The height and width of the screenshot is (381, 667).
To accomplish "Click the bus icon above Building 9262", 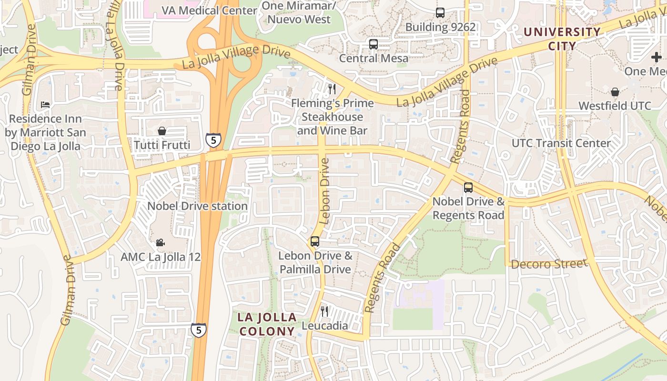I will point(440,13).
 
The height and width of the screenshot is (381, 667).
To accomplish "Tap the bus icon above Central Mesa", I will point(374,44).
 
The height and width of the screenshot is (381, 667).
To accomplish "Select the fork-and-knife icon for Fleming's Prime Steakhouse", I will point(332,89).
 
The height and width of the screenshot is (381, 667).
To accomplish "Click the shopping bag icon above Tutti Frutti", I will point(162,131).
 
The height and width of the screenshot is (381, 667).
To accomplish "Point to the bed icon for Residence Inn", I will point(45,104).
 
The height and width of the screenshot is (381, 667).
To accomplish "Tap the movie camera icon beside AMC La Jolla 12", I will point(161,243).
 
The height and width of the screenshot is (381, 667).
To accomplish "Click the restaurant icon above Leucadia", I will point(324,311).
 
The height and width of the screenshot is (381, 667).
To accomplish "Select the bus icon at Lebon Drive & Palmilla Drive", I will point(314,241).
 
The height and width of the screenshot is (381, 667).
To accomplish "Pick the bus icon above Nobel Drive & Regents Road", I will point(468,188).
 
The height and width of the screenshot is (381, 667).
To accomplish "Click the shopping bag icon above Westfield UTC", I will point(615,92).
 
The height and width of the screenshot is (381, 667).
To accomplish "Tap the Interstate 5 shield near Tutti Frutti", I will point(213,140).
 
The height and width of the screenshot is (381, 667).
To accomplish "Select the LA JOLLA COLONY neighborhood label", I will point(267,324).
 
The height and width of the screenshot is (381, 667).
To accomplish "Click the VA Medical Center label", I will point(210,10).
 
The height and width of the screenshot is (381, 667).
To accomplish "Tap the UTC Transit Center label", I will point(561,143).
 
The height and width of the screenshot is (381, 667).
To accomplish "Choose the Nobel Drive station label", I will point(197,206).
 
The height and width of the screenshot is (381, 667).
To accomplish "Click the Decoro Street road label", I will point(549,263).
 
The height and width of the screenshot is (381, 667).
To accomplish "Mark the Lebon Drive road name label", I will point(325,191).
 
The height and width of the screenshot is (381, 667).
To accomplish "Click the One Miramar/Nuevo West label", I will point(299,13).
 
